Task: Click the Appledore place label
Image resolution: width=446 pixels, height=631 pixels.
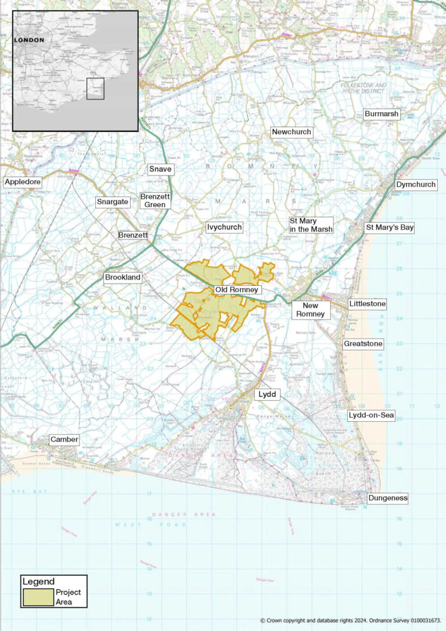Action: click(x=23, y=182)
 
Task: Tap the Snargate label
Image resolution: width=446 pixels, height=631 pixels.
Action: click(x=111, y=202)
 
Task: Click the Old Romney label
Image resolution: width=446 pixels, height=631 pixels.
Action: click(x=236, y=289)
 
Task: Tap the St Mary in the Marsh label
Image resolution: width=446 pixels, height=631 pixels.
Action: click(x=311, y=225)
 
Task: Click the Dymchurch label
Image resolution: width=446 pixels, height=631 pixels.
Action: click(x=416, y=185)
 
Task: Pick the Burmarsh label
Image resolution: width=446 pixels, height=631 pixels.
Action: click(x=381, y=114)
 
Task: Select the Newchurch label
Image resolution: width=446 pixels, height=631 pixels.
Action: click(x=292, y=132)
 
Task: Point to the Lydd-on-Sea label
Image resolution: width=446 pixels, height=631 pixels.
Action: click(x=371, y=415)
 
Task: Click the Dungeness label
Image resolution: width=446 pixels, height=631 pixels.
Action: click(x=387, y=498)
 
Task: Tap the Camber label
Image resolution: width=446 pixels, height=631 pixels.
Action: click(x=64, y=439)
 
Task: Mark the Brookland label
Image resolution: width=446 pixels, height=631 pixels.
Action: click(x=123, y=277)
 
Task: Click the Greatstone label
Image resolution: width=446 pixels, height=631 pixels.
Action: click(x=363, y=344)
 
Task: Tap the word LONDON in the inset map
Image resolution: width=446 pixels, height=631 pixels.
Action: click(x=29, y=40)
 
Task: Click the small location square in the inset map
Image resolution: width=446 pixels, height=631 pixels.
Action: click(x=95, y=88)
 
